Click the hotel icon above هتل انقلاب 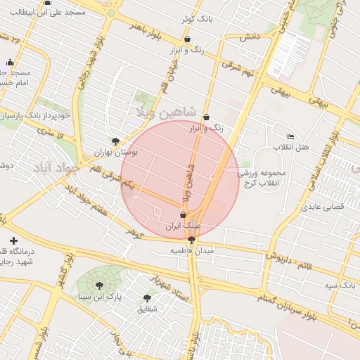[x=291, y=136]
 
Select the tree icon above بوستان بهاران [x=116, y=141]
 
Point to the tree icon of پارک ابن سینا [x=99, y=285]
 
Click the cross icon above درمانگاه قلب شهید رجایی [x=13, y=241]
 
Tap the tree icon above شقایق [x=147, y=298]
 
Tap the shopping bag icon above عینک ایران [x=184, y=215]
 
